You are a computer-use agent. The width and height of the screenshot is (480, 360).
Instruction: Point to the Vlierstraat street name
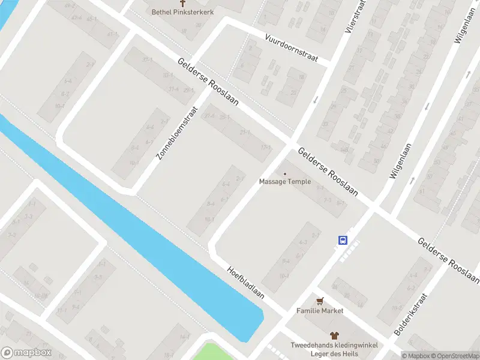pos(355,16)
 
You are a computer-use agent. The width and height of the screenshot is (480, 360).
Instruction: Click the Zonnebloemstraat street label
pos(176,133)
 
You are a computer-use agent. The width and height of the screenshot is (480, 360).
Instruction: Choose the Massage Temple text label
pos(284,182)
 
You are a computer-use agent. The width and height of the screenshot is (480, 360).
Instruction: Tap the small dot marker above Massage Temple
pos(284,173)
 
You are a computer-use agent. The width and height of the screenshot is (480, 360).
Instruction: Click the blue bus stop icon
pos(343,240)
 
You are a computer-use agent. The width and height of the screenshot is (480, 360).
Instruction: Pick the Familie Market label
pos(320,311)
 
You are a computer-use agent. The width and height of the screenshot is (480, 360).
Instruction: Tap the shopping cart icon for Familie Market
pos(320,301)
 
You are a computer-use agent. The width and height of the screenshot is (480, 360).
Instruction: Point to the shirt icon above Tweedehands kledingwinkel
pos(334,336)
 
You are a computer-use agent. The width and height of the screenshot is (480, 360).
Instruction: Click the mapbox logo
pos(26,353)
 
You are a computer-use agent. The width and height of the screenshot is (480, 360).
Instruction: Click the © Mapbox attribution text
pos(417,356)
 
